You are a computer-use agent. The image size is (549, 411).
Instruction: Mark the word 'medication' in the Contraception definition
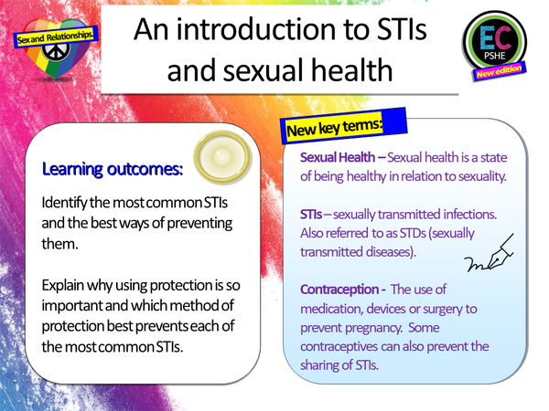pyautogui.click(x=341, y=309)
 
